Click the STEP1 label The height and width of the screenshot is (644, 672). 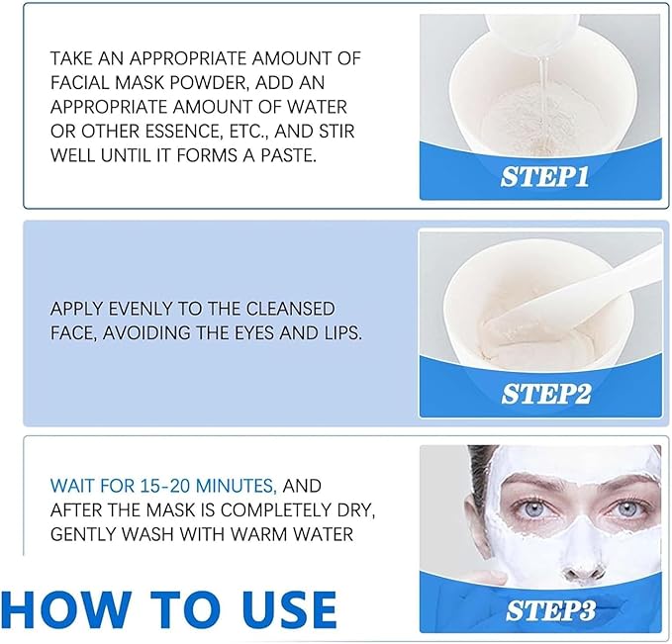[546, 178]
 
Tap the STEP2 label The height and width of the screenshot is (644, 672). [546, 394]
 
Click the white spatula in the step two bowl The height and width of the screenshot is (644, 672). [604, 286]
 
